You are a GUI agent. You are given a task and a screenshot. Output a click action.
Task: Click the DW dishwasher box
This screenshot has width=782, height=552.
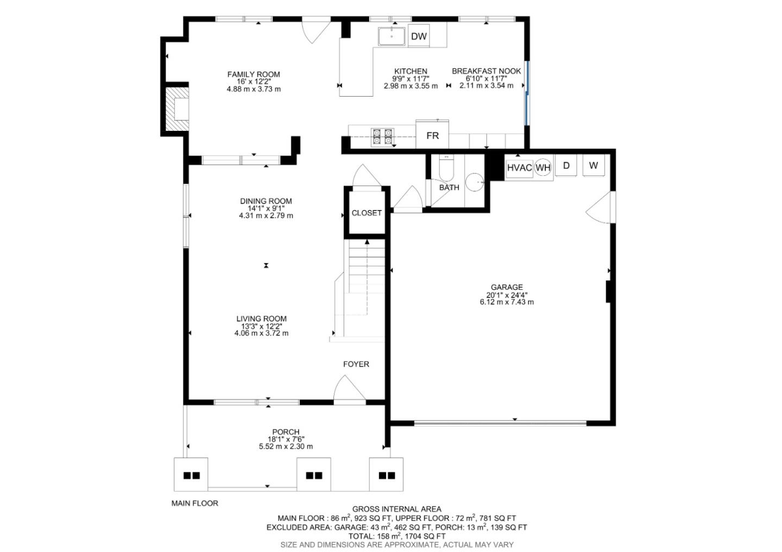coord(419,36)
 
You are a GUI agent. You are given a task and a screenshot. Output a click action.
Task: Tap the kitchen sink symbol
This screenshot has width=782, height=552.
coord(392,36)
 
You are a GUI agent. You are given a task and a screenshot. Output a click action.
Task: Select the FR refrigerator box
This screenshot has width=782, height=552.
coord(432,135)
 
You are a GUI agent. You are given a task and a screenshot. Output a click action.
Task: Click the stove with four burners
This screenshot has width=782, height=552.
coord(382,136)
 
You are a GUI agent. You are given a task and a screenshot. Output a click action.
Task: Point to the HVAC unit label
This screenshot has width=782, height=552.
coord(519,168)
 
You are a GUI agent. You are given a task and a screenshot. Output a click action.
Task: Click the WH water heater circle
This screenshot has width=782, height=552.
coord(543,168)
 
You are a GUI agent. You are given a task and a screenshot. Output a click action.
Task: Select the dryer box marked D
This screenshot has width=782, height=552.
coord(566,166)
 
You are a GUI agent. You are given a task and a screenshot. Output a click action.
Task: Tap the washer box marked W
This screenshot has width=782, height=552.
coord(593,166)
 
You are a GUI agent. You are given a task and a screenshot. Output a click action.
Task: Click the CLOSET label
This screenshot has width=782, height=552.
coord(367,213)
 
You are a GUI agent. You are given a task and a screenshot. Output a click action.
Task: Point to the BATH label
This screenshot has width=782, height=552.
coord(449,187)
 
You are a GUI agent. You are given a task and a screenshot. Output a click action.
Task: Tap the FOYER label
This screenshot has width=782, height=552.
coord(356,364)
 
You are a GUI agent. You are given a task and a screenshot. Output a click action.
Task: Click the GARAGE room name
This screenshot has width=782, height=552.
coord(507,287)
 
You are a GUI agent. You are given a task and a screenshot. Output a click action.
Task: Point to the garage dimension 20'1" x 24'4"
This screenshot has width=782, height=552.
coord(507,295)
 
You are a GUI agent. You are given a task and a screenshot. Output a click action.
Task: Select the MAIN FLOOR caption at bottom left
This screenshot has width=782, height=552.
coord(194,503)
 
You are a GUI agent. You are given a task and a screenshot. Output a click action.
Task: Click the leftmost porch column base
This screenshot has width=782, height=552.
coord(191,475)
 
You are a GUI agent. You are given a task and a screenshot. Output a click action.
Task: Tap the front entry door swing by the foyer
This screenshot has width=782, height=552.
coord(349,390)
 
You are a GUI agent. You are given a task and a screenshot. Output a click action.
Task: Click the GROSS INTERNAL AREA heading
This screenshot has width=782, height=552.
coord(396,509)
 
